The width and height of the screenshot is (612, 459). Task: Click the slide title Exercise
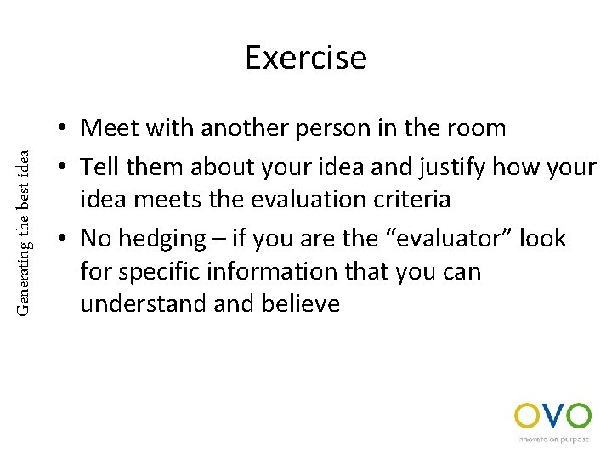pyautogui.click(x=306, y=58)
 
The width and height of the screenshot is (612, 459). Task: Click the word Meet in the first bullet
pyautogui.click(x=109, y=128)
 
